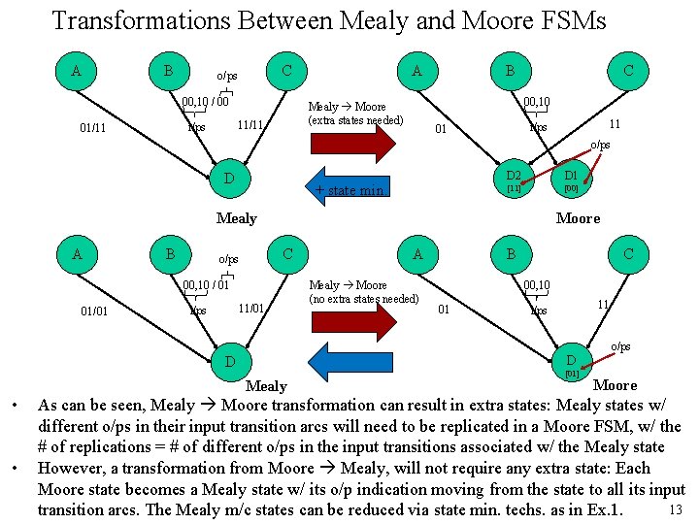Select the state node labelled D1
(571, 178)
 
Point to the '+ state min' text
(349, 190)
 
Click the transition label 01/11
(92, 127)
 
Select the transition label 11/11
(251, 126)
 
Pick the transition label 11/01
(251, 309)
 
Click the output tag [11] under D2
(514, 188)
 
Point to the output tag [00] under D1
(571, 188)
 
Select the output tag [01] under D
(572, 373)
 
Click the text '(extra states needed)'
(354, 120)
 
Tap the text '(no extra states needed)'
(362, 299)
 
